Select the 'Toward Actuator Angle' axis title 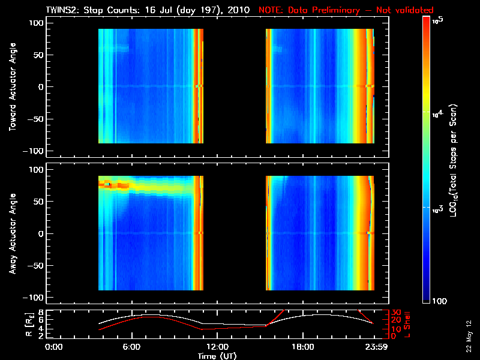pyautogui.click(x=11, y=88)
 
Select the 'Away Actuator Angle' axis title pyautogui.click(x=11, y=233)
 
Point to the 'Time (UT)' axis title pyautogui.click(x=217, y=356)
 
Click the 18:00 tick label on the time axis pyautogui.click(x=302, y=347)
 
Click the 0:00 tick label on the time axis pyautogui.click(x=54, y=347)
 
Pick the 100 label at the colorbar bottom pyautogui.click(x=438, y=300)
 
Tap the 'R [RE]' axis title pyautogui.click(x=11, y=324)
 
